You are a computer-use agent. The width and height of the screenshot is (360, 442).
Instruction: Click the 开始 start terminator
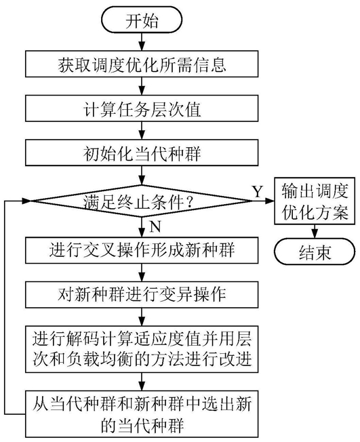[142, 20]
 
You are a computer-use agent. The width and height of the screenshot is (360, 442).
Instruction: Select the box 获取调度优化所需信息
[142, 64]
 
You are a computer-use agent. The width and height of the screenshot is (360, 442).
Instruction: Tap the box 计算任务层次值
[142, 108]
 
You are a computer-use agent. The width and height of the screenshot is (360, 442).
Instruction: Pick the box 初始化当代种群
[142, 153]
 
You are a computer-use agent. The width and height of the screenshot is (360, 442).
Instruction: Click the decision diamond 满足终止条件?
[142, 201]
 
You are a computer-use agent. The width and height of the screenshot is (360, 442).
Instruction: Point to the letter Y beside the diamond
[258, 192]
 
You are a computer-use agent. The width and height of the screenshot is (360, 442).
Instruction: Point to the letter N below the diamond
[155, 226]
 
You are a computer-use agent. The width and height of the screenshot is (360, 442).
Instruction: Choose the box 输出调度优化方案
[315, 201]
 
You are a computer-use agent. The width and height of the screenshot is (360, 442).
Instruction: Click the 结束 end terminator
[315, 252]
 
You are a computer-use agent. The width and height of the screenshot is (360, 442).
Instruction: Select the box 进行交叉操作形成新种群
[142, 250]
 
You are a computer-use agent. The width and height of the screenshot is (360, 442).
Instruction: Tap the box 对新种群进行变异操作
[142, 295]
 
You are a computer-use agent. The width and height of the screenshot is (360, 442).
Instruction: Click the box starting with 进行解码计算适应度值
[142, 349]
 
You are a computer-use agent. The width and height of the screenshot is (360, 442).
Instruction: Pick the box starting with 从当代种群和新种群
[142, 414]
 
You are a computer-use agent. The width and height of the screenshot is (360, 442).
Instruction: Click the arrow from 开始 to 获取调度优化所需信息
[142, 42]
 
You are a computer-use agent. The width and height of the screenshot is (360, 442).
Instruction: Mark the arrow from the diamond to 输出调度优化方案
[264, 201]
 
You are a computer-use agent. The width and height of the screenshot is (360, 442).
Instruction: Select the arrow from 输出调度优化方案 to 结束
[315, 232]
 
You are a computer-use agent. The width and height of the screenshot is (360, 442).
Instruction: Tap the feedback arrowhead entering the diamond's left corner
[26, 201]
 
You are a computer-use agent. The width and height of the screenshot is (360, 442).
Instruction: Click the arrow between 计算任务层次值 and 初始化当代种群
[142, 131]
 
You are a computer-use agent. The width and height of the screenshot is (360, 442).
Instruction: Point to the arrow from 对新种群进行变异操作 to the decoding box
[142, 317]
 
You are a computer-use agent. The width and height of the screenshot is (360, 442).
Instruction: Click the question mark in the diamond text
[189, 203]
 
